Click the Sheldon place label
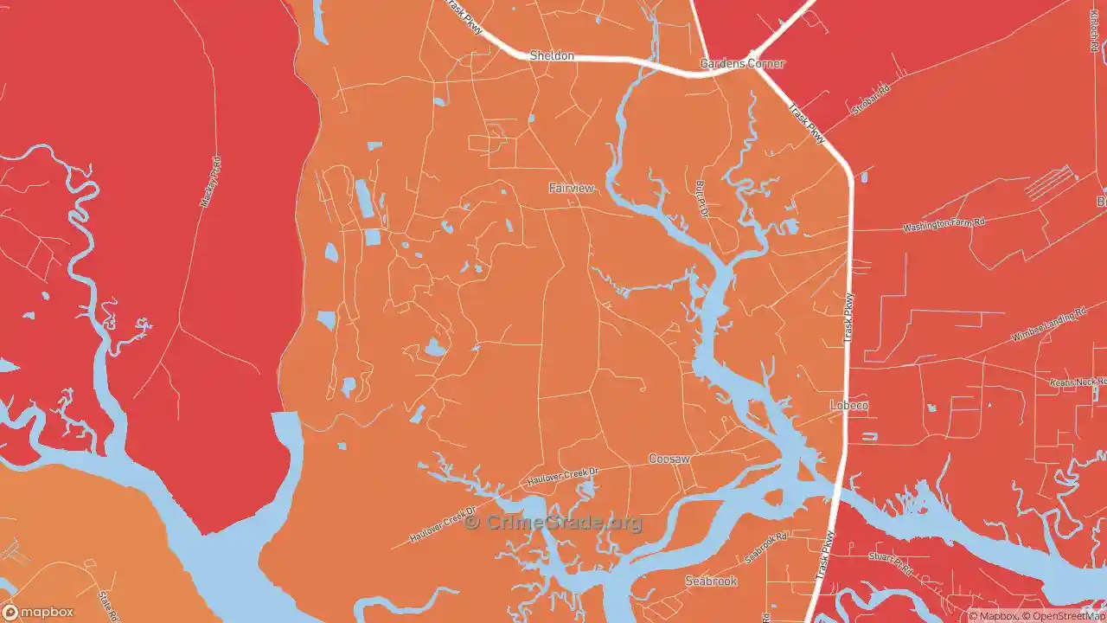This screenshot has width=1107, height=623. [551, 55]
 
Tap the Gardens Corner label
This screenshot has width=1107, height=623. [742, 63]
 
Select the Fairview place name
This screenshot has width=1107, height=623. [572, 188]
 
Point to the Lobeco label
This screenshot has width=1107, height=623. [848, 405]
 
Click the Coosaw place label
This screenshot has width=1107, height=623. [669, 459]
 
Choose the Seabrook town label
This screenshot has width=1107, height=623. [711, 581]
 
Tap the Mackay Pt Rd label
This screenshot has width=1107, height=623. [211, 182]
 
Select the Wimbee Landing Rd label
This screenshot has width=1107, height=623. [1048, 324]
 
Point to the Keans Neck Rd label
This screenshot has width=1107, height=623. [1078, 382]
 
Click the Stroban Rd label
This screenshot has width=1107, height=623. [870, 99]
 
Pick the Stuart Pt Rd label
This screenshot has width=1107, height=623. [891, 564]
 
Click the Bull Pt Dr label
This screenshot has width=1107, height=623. [702, 199]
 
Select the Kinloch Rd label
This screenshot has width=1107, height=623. [1094, 35]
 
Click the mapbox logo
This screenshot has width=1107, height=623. [38, 613]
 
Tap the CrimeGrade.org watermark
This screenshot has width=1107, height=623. [553, 523]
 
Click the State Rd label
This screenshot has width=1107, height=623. [108, 605]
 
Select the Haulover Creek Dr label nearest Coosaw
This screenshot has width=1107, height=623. [562, 476]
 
